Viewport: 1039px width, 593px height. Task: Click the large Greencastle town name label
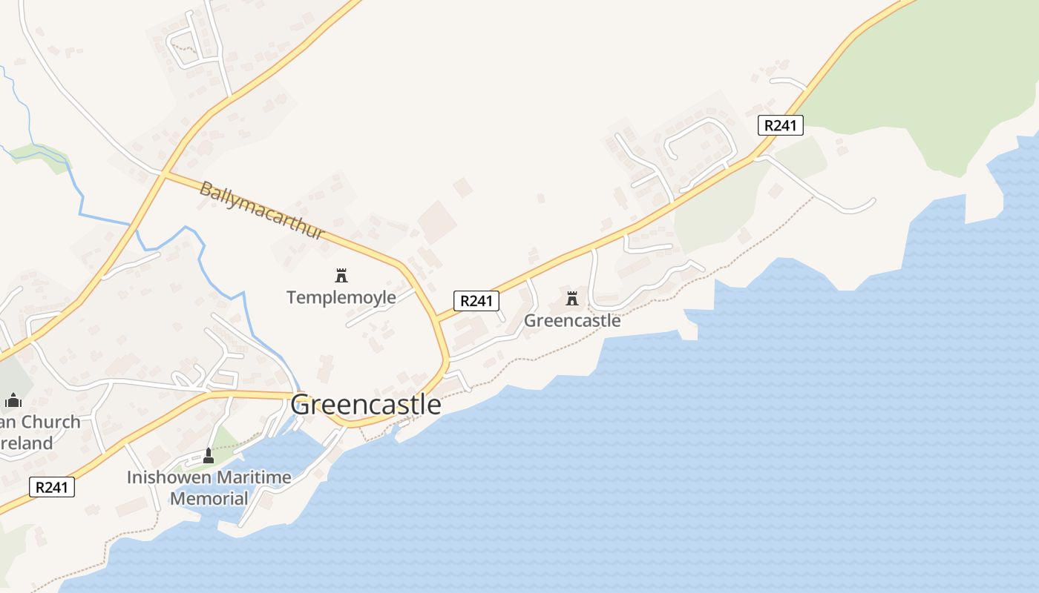(365, 405)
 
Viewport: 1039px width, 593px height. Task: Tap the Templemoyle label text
(341, 298)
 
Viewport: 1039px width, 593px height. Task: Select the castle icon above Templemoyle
(341, 276)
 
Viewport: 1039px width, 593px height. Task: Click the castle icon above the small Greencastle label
(571, 299)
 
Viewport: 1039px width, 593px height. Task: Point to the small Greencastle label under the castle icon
(572, 321)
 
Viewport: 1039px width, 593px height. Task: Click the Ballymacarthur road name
(262, 211)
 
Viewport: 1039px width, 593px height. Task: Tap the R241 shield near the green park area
(781, 125)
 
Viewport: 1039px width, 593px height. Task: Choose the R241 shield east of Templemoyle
(476, 301)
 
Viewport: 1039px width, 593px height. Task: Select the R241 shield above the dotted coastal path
(52, 487)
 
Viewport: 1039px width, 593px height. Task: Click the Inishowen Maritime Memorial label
(209, 488)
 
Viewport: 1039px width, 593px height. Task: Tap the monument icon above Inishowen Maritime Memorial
(209, 456)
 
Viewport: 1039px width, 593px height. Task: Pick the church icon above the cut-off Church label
(13, 401)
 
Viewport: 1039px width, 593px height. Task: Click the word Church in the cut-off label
(49, 423)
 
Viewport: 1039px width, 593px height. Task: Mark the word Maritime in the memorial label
(244, 477)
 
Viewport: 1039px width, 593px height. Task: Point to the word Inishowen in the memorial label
(162, 477)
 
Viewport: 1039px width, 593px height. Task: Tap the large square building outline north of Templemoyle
(436, 221)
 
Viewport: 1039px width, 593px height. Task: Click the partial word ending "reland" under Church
(27, 443)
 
